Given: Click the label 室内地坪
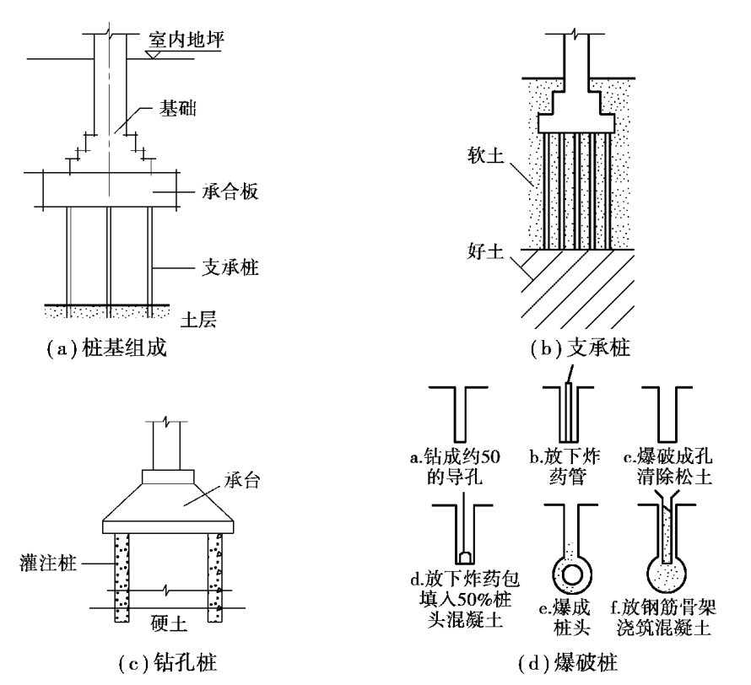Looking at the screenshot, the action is click(x=186, y=40).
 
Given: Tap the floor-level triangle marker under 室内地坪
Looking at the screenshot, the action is click(x=154, y=54).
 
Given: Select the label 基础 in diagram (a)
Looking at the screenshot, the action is click(x=178, y=109).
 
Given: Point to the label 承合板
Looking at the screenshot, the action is click(x=230, y=191).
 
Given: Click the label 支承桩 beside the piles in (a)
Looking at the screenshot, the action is click(x=230, y=267).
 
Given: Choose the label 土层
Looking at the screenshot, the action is click(x=198, y=319).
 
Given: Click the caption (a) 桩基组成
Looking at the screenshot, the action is click(x=106, y=348).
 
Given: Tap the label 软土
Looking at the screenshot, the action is click(x=486, y=155).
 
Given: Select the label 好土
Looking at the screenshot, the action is click(x=486, y=251).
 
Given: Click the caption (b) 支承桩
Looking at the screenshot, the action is click(x=581, y=348).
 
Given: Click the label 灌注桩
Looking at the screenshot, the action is click(x=48, y=563).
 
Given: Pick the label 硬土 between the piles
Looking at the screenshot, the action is click(x=168, y=623).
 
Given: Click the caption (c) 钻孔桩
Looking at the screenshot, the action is click(x=167, y=663).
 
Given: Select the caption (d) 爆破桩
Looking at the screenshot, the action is click(x=568, y=663).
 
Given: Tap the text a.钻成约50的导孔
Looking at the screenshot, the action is click(x=455, y=467).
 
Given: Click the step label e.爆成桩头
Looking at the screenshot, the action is click(x=565, y=618).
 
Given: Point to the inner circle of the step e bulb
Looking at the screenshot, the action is click(x=572, y=574).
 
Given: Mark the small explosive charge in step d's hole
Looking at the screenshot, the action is click(x=465, y=557).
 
